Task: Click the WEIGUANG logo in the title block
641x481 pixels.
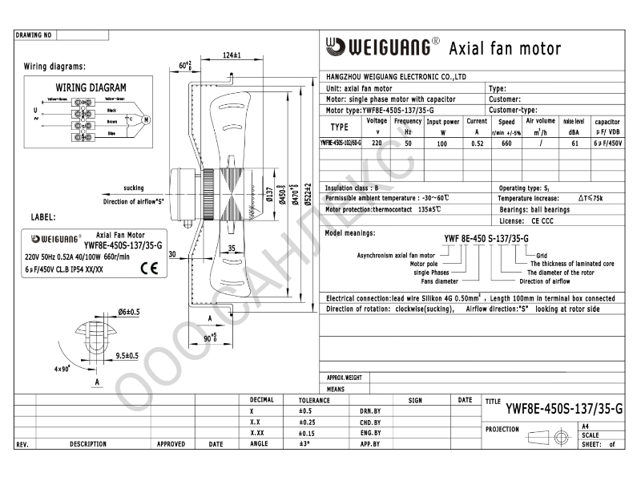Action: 381,47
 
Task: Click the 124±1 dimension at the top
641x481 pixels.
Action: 232,55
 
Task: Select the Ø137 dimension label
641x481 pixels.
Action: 270,196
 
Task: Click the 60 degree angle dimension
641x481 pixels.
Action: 186,65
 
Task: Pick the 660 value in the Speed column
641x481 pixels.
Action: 506,143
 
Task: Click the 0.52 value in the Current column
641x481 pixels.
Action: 477,143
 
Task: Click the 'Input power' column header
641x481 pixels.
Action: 442,122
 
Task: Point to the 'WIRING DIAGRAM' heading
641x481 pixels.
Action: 91,87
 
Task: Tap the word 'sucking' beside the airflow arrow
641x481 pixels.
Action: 134,187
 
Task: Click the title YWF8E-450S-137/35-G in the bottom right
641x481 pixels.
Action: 564,409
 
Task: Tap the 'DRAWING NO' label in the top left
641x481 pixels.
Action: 34,35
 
